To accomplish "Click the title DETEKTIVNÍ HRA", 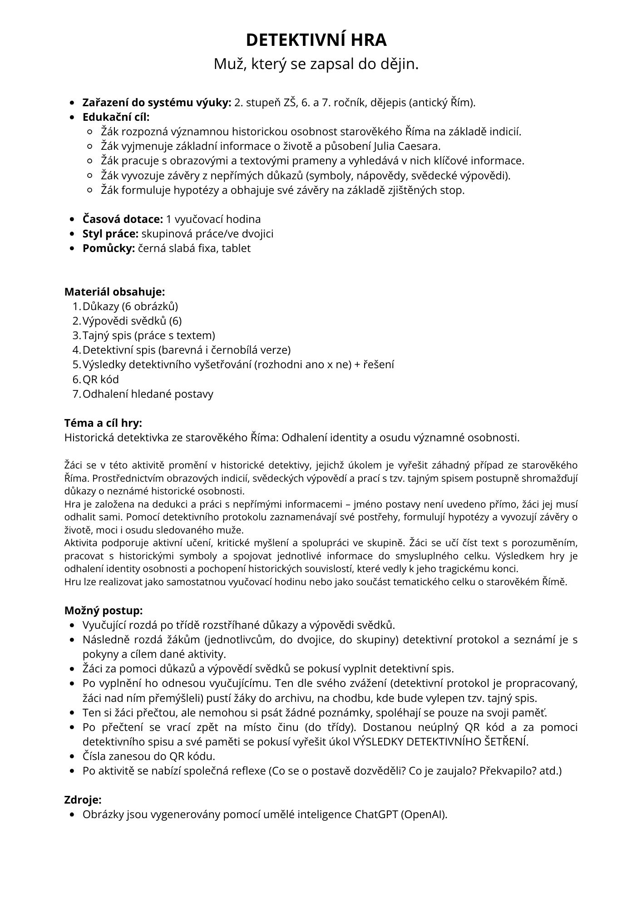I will pyautogui.click(x=316, y=40).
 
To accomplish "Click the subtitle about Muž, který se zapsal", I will pyautogui.click(x=316, y=64).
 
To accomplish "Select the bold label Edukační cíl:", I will pyautogui.click(x=116, y=117).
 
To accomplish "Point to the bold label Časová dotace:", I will pyautogui.click(x=123, y=219).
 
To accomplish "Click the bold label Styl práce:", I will pyautogui.click(x=110, y=234).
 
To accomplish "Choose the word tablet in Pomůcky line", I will pyautogui.click(x=236, y=248).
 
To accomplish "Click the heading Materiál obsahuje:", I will pyautogui.click(x=114, y=291).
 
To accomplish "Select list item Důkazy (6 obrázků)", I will pyautogui.click(x=130, y=306).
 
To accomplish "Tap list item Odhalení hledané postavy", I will pyautogui.click(x=148, y=394).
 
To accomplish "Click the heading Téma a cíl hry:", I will pyautogui.click(x=103, y=423).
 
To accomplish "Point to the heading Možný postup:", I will pyautogui.click(x=104, y=610).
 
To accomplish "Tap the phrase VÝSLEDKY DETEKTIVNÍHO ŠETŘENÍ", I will pyautogui.click(x=441, y=741).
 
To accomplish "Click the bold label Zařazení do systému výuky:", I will pyautogui.click(x=157, y=103).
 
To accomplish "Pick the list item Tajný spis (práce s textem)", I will pyautogui.click(x=148, y=335).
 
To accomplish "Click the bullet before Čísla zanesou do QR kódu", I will pyautogui.click(x=72, y=756).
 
